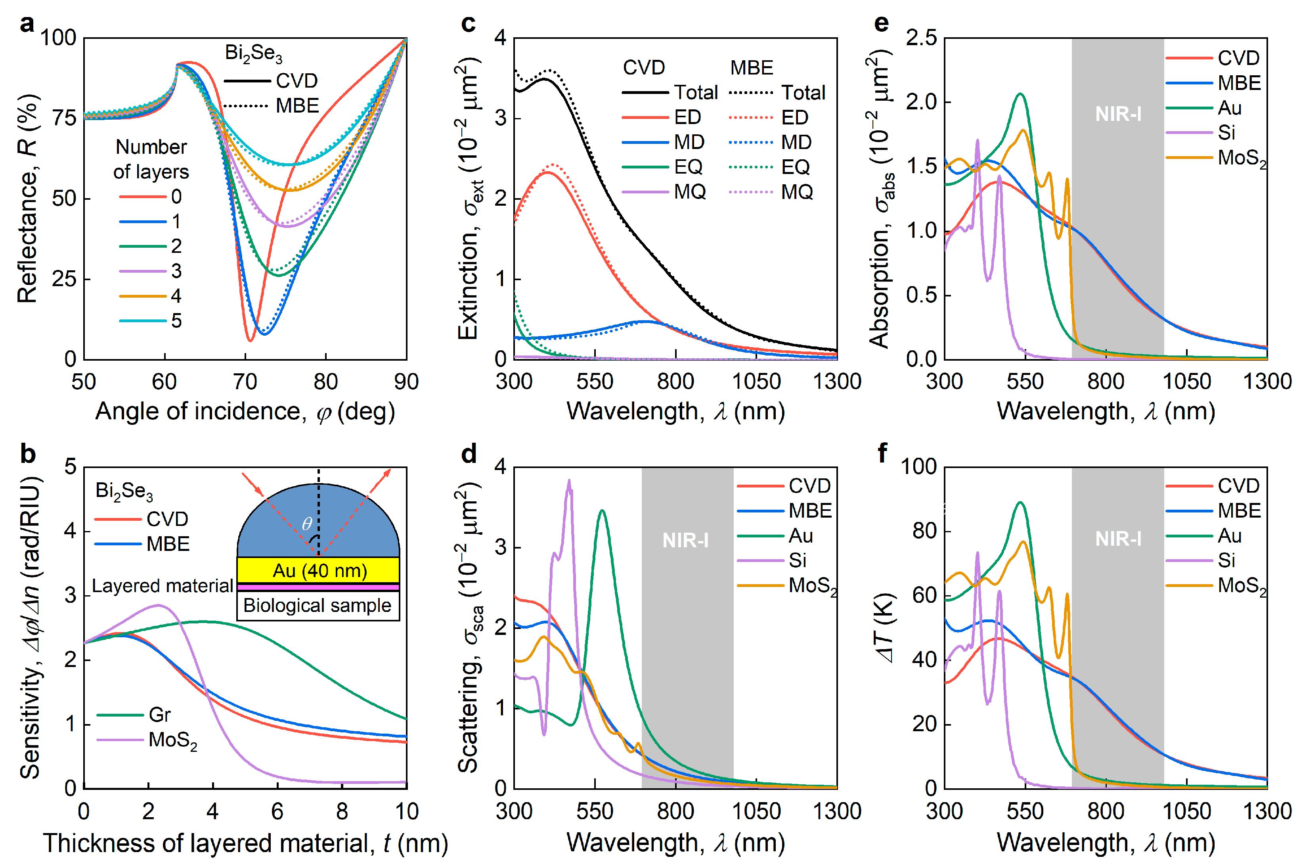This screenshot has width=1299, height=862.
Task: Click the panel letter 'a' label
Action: pyautogui.click(x=27, y=24)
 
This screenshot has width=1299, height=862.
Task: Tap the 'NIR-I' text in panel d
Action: pyautogui.click(x=685, y=541)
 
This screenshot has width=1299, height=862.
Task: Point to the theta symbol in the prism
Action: pyautogui.click(x=307, y=524)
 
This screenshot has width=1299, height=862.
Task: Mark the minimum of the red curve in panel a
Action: pyautogui.click(x=251, y=341)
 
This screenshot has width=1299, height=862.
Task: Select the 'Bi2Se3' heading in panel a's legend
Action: pyautogui.click(x=253, y=54)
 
